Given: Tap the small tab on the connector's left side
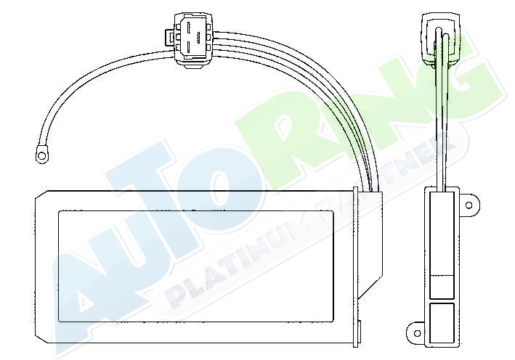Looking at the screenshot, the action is [169, 37].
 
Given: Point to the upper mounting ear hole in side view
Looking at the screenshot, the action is [469, 205].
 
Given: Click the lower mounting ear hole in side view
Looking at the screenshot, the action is [417, 334].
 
